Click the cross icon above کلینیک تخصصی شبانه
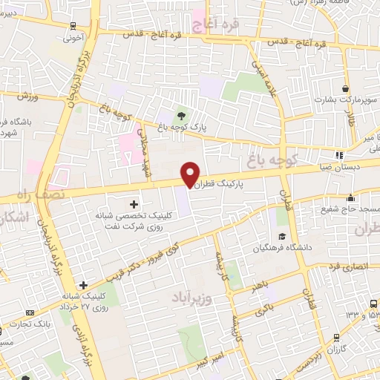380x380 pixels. pos(134,203)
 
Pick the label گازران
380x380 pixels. pos(337,349)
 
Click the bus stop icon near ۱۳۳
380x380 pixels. pos(371,304)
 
